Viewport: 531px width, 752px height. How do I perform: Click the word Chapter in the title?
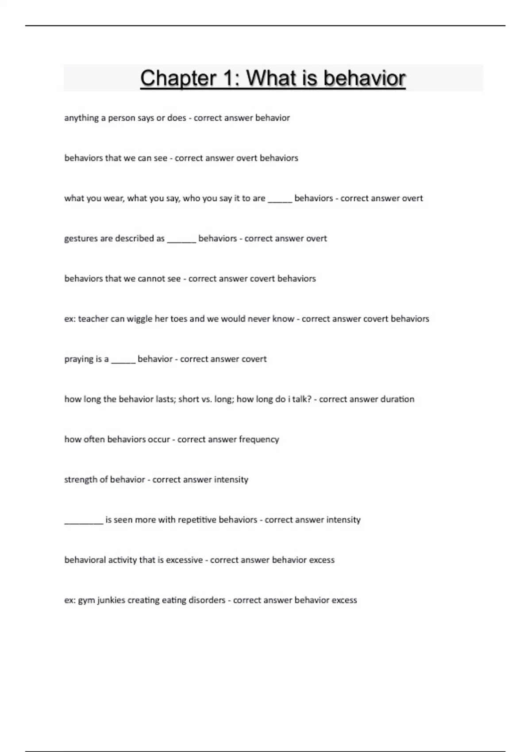point(178,78)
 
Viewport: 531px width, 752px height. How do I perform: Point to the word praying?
point(79,359)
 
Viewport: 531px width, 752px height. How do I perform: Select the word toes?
point(178,318)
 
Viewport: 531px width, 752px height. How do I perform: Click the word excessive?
point(184,560)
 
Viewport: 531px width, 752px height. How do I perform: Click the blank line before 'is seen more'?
point(84,522)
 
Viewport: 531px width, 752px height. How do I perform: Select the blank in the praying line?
point(123,361)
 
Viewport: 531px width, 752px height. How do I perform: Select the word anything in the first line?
point(81,118)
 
